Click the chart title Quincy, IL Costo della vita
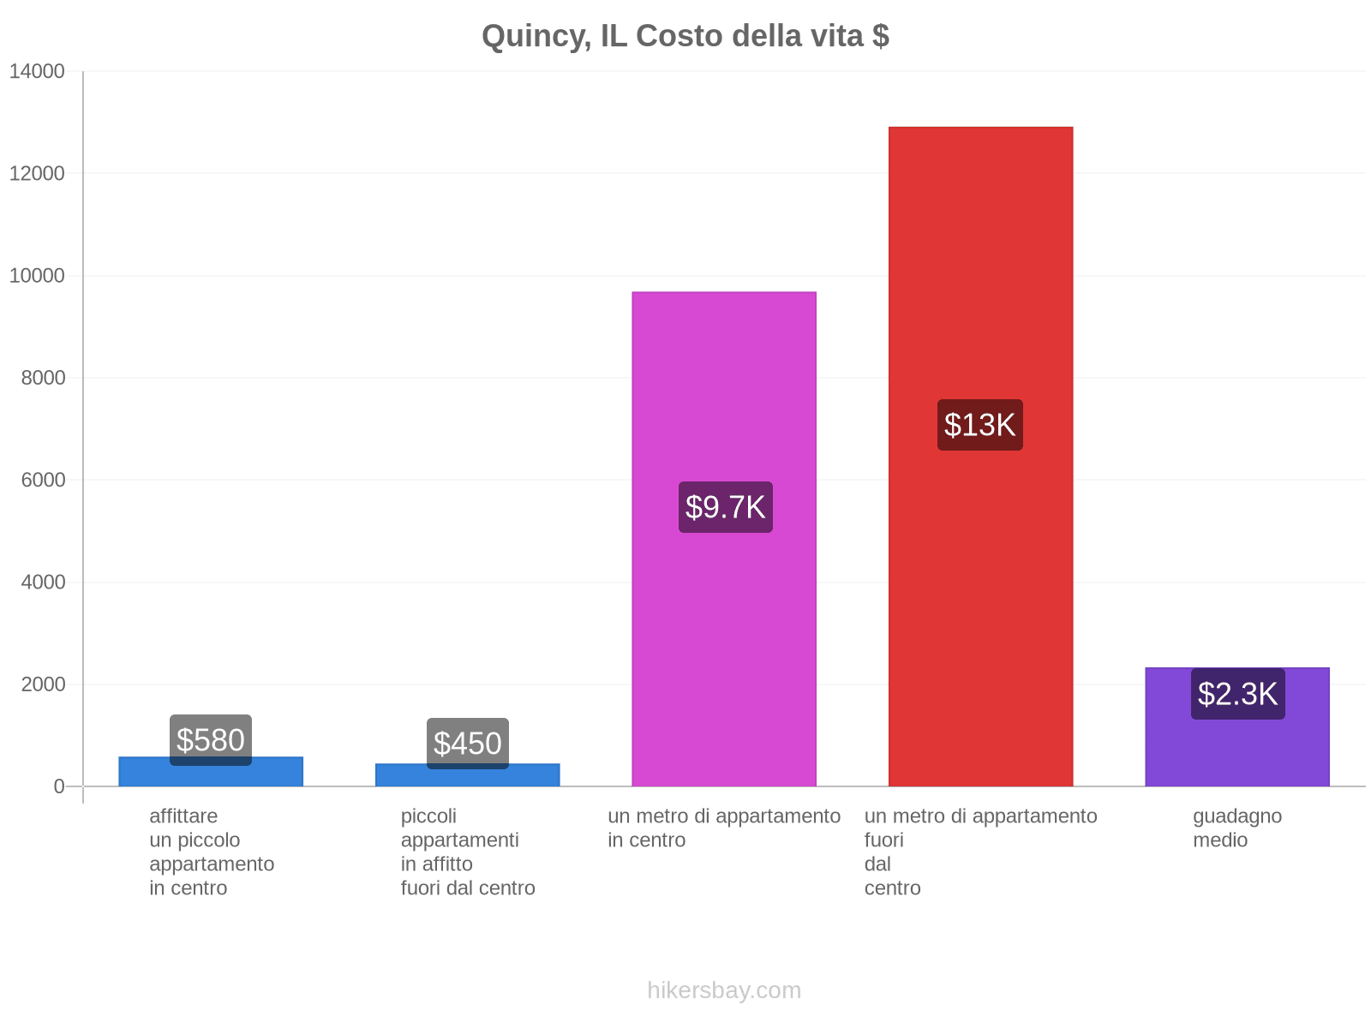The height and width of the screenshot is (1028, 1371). [x=685, y=36]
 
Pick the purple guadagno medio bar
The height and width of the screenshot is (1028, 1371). [x=1237, y=745]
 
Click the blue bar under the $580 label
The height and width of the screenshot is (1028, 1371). [x=211, y=774]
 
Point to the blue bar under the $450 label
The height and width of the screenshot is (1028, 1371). [x=468, y=777]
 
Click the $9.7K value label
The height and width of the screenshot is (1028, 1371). [x=725, y=507]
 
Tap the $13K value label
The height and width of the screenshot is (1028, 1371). [x=979, y=425]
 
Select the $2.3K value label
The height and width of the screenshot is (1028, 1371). [x=1237, y=694]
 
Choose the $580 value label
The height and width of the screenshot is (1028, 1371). [x=211, y=739]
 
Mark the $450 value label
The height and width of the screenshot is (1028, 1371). [x=468, y=743]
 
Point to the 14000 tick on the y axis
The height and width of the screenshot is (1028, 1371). [x=37, y=71]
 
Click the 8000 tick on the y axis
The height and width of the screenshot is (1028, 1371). [x=43, y=378]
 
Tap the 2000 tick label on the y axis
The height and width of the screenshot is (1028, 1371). [x=43, y=684]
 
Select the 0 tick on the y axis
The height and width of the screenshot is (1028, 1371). [x=59, y=786]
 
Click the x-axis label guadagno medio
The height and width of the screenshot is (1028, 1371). [x=1237, y=828]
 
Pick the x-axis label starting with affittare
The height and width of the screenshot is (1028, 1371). [x=212, y=852]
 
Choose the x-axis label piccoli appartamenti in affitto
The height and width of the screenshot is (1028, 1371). [x=468, y=852]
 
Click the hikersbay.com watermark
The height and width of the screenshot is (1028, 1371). [x=724, y=990]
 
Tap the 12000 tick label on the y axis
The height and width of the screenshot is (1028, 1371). [x=37, y=174]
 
